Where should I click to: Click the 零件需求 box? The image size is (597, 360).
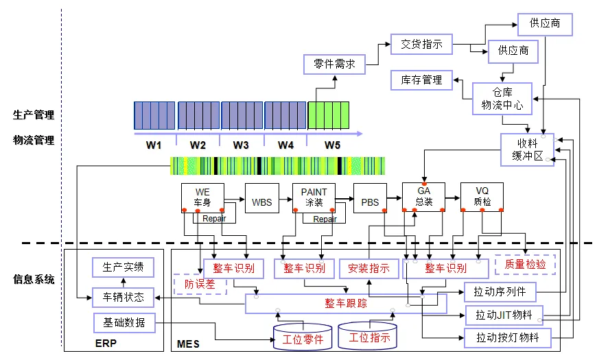click(x=334, y=64)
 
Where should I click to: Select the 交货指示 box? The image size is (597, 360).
click(x=421, y=44)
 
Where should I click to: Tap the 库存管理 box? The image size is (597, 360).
click(x=421, y=80)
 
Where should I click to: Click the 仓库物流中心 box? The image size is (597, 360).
click(x=502, y=99)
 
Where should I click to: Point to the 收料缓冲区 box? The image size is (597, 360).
click(x=527, y=149)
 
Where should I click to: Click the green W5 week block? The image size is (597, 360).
click(x=328, y=115)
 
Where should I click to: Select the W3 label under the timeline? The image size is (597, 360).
click(x=241, y=145)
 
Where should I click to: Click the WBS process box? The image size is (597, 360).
click(x=262, y=198)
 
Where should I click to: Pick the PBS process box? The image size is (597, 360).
click(x=370, y=198)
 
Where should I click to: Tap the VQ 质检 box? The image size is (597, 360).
click(x=482, y=197)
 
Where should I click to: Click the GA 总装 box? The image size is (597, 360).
click(x=424, y=197)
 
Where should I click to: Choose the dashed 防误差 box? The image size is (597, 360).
click(x=200, y=284)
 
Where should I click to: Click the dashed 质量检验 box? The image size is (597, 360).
click(x=525, y=264)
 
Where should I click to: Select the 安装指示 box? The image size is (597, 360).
click(x=369, y=269)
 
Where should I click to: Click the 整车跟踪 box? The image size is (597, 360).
click(x=346, y=303)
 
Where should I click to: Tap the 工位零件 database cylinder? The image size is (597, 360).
click(x=303, y=337)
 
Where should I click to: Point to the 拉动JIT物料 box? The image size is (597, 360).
click(x=504, y=315)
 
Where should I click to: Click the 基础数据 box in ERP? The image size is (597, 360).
click(x=124, y=323)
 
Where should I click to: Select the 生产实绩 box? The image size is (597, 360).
click(x=123, y=267)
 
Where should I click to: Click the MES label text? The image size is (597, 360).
click(x=188, y=344)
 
